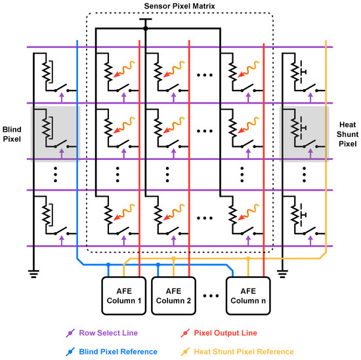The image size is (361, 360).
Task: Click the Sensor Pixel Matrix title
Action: pos(179,6)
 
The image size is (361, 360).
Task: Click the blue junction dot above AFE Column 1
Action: pos(108,266)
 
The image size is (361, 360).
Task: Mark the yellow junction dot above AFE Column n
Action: pos(248,258)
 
